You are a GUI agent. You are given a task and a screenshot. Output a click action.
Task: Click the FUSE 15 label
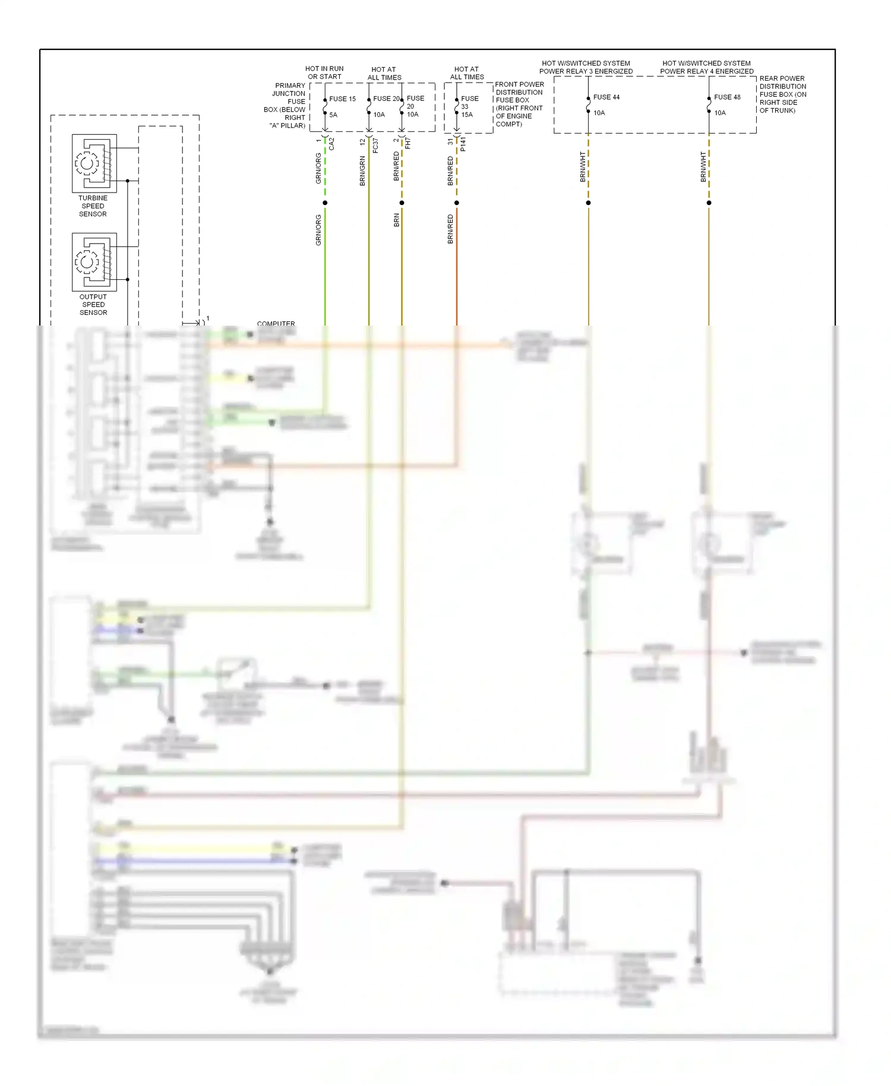coord(342,99)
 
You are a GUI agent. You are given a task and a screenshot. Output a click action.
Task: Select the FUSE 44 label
coord(606,97)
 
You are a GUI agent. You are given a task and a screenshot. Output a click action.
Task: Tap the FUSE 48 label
coord(727,97)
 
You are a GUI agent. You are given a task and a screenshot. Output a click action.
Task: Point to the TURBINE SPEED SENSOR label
coord(93,206)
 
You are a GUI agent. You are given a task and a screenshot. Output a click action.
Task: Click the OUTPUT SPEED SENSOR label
coord(93,305)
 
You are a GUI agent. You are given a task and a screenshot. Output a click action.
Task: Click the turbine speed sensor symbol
coord(94,163)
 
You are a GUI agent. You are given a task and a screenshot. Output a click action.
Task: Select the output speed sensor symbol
coord(94,261)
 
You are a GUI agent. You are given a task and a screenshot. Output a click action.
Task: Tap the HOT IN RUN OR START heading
coord(324,72)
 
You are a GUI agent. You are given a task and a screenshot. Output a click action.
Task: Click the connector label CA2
coord(331,144)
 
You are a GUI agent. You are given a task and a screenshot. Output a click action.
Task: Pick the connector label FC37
coord(375,146)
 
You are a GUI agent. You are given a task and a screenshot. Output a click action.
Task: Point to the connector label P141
coord(463,144)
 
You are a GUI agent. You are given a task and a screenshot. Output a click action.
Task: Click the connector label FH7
coord(408,143)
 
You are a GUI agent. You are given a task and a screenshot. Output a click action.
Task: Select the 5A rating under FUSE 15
coord(333,115)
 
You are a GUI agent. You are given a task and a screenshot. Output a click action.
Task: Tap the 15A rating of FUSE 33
coord(467,115)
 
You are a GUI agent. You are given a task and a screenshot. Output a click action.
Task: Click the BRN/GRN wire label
coord(362,171)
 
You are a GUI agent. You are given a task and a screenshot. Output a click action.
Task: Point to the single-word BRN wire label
coord(396,220)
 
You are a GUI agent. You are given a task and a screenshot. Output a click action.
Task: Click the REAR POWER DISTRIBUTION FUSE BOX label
coord(783,94)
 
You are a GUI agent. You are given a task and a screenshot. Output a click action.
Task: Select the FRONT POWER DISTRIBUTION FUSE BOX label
coord(519,104)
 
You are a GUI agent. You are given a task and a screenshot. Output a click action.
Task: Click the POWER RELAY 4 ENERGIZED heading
coord(707,71)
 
